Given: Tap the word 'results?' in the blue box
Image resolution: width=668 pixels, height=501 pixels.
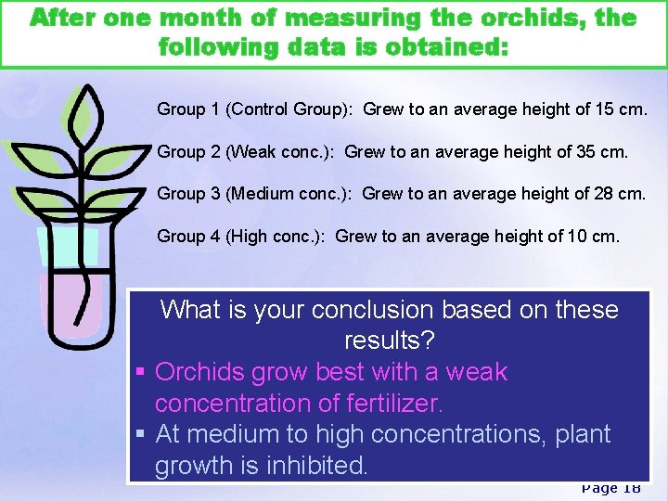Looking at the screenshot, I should (x=389, y=340).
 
